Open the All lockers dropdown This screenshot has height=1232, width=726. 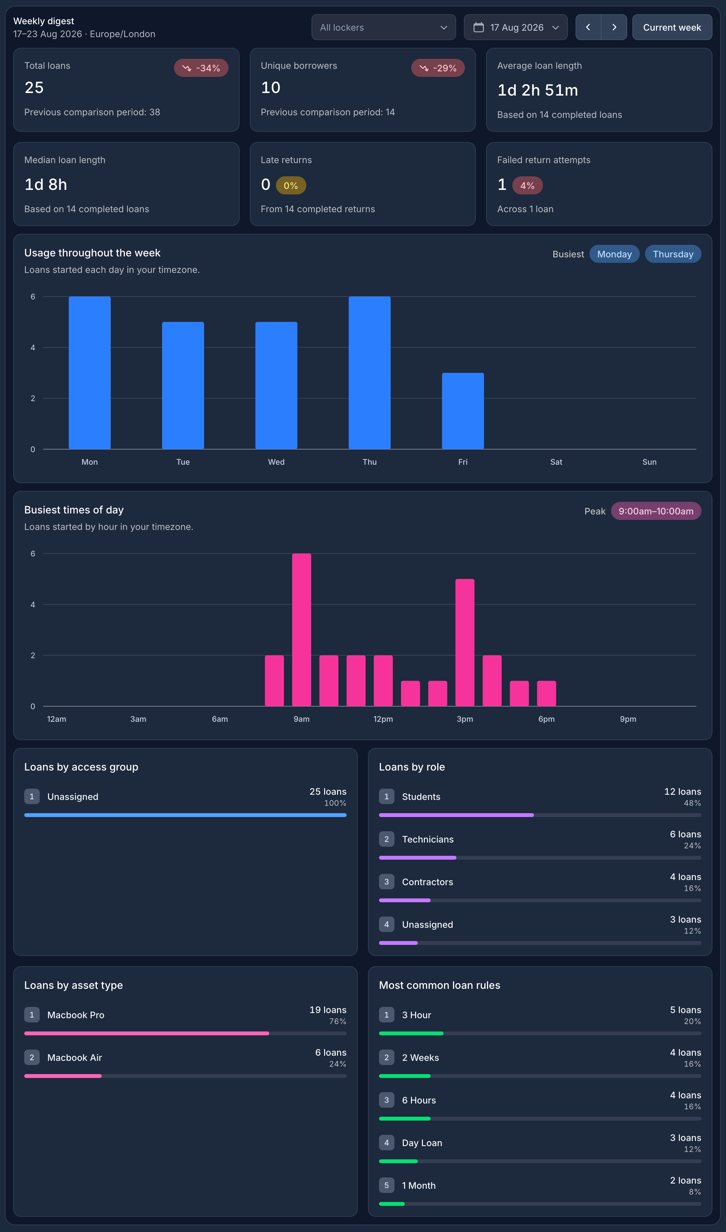[x=383, y=27]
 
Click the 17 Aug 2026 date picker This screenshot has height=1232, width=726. [x=516, y=27]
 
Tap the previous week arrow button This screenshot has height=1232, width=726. [x=588, y=27]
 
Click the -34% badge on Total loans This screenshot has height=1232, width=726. [x=201, y=68]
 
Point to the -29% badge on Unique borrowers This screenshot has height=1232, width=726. [x=438, y=68]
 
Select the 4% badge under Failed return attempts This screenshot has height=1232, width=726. [x=527, y=185]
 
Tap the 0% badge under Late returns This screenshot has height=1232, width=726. [x=291, y=185]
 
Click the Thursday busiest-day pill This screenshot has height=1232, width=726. [x=673, y=254]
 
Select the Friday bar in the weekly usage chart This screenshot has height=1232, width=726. [x=463, y=411]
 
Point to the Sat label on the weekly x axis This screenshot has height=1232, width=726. [x=556, y=462]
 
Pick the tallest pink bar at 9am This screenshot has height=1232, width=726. [x=302, y=630]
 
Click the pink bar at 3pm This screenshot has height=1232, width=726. [x=465, y=642]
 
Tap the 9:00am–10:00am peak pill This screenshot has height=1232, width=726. [x=656, y=511]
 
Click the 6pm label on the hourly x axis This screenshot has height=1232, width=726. [x=547, y=719]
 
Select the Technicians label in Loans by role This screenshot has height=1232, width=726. [x=428, y=839]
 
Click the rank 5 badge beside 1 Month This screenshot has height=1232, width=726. [x=386, y=1185]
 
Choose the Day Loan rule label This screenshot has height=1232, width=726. [x=422, y=1143]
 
